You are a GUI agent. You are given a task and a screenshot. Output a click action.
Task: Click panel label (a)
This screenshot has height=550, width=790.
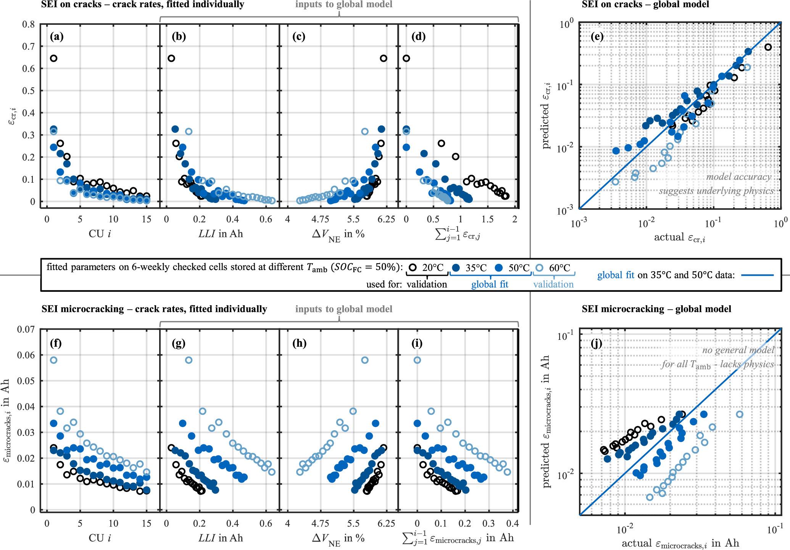[x=56, y=37]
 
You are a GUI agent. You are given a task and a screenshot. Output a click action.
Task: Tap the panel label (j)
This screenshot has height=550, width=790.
[x=597, y=343]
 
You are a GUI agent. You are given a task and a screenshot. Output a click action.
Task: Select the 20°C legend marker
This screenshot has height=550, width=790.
[x=413, y=267]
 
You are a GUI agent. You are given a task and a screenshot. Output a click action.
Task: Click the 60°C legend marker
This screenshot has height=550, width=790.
[x=539, y=267]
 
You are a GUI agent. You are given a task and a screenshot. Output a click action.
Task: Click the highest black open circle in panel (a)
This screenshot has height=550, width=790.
[x=53, y=58]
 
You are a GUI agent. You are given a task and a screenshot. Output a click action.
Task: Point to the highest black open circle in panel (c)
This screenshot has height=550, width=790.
[x=384, y=58]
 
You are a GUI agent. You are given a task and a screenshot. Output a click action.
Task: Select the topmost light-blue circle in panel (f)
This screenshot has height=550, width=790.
[x=53, y=360]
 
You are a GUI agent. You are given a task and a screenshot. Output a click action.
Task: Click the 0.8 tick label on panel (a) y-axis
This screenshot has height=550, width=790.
[x=28, y=24]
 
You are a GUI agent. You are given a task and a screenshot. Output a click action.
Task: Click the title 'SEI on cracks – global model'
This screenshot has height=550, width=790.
[x=645, y=5]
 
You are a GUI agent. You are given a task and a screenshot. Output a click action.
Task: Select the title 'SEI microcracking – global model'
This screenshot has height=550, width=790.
[x=656, y=309]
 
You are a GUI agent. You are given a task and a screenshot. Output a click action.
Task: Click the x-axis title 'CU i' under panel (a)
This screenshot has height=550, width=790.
[x=100, y=233]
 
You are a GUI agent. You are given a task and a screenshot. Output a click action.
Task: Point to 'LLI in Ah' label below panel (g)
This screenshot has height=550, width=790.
[x=221, y=538]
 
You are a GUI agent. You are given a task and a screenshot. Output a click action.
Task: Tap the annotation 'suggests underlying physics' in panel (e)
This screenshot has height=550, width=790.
[x=716, y=191]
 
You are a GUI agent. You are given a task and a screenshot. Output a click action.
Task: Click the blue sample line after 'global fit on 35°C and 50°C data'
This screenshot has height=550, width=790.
[x=757, y=275]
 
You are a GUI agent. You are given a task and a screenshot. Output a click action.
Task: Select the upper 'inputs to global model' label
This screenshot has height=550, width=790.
[x=343, y=5]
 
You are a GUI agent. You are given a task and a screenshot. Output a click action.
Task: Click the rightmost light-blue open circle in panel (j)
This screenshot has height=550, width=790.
[x=739, y=414]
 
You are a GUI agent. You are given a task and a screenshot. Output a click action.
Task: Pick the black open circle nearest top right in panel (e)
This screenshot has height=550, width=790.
[x=768, y=47]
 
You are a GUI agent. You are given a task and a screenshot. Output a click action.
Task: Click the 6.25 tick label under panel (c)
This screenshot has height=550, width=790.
[x=386, y=219]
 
